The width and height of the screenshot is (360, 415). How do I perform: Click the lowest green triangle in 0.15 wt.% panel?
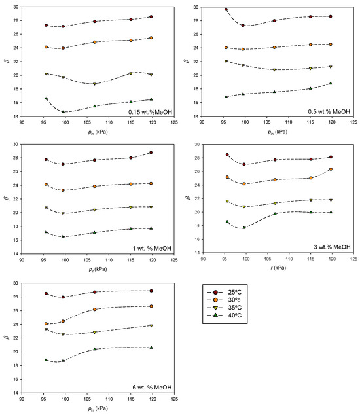click(63, 111)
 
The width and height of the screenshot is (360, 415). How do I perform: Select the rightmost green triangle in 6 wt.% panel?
click(151, 348)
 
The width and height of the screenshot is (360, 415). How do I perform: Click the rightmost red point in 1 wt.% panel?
click(151, 153)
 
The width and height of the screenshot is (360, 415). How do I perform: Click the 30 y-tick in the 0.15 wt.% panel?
click(33, 7)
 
